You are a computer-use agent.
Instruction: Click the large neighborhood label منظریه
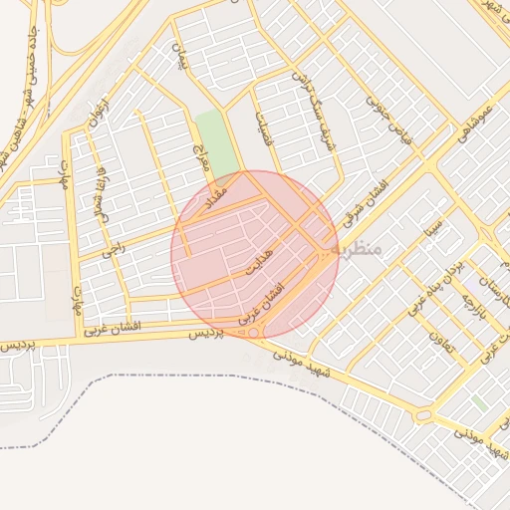pyautogui.click(x=358, y=246)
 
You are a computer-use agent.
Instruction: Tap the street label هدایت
pyautogui.click(x=259, y=263)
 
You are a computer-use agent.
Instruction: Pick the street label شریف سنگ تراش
pyautogui.click(x=313, y=111)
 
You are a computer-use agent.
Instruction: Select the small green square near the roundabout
pyautogui.click(x=480, y=402)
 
